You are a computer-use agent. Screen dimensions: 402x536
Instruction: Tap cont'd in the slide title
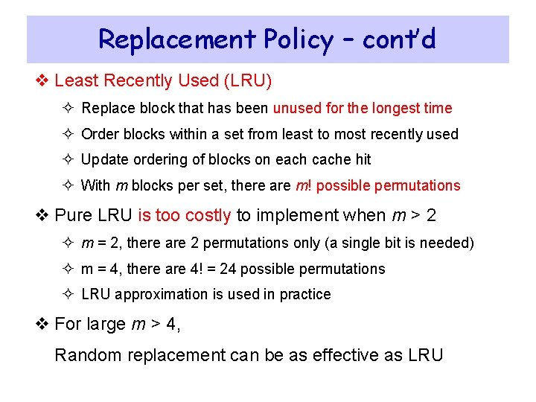pyautogui.click(x=399, y=39)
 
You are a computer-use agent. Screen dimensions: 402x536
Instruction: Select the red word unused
pyautogui.click(x=296, y=108)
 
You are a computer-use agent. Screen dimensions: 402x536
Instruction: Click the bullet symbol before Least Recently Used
pyautogui.click(x=44, y=80)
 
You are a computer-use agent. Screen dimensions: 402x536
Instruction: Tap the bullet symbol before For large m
pyautogui.click(x=44, y=325)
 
